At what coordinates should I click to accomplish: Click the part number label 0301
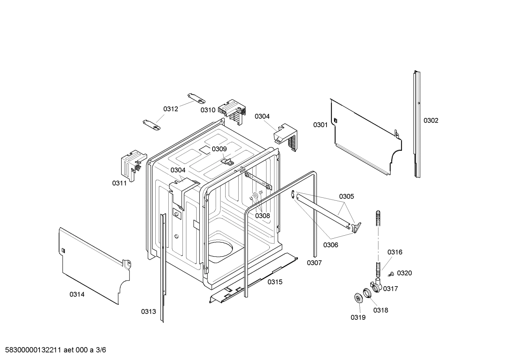[320, 125]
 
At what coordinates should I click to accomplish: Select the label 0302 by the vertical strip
[431, 120]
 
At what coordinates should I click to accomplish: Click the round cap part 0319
[359, 298]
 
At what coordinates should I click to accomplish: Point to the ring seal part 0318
[367, 293]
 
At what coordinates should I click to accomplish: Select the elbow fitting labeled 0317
[376, 285]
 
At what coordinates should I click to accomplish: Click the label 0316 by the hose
[395, 252]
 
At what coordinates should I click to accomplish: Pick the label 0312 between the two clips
[170, 109]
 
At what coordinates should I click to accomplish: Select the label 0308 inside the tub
[262, 216]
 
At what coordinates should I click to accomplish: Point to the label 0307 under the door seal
[314, 263]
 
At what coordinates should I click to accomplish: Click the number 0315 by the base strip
[275, 282]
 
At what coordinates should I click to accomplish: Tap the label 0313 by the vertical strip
[148, 312]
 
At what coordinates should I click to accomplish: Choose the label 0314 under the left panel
[77, 294]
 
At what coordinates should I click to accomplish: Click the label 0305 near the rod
[346, 196]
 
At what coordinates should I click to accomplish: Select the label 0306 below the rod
[330, 245]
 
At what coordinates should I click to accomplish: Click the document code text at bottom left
[54, 350]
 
